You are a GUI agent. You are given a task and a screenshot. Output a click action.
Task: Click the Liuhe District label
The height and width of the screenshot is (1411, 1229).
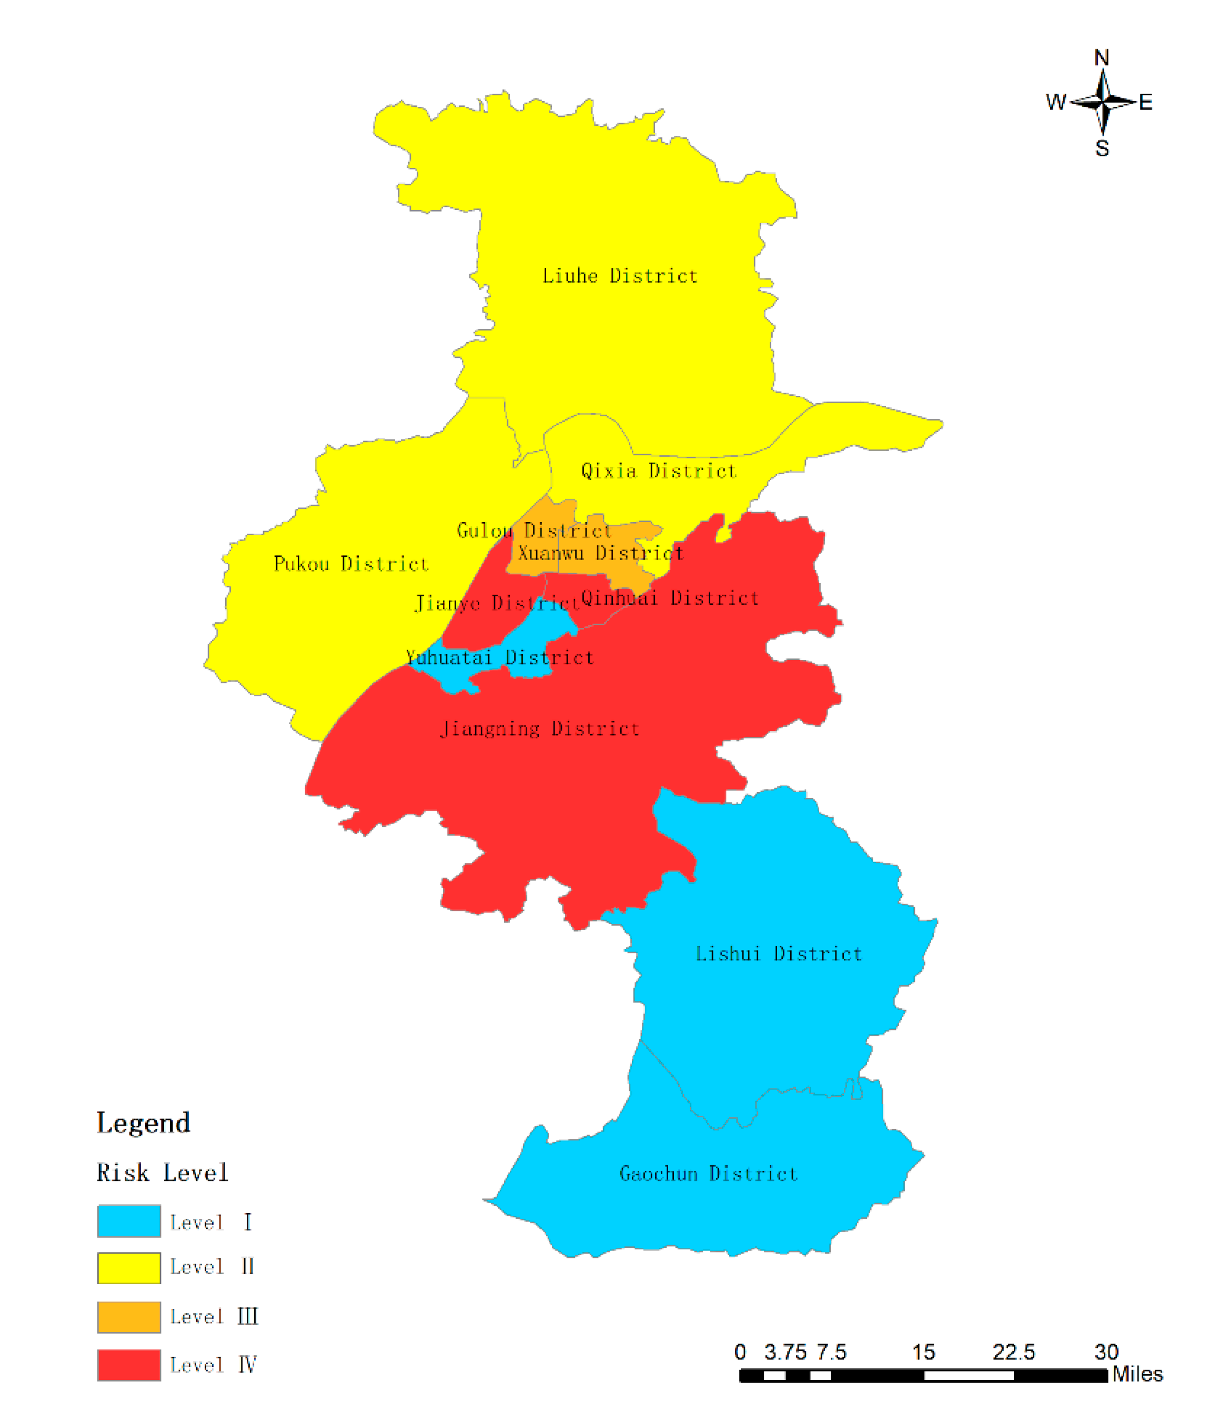[619, 276]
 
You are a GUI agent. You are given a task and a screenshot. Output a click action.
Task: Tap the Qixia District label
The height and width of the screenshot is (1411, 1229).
[658, 471]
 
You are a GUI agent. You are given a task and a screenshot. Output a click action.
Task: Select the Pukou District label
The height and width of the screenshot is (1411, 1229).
[350, 564]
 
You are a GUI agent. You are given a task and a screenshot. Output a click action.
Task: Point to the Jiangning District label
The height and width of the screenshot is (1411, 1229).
[540, 728]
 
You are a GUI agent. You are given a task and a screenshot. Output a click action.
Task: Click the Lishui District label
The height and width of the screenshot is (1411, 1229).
[779, 954]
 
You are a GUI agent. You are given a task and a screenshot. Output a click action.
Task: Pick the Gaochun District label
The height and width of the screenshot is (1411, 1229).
[709, 1174]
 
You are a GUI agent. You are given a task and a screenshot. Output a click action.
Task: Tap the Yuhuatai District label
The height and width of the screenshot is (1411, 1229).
[499, 658]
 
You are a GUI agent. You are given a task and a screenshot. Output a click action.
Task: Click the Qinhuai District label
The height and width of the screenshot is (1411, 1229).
[670, 598]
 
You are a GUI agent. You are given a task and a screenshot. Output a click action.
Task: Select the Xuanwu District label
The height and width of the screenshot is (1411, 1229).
[601, 554]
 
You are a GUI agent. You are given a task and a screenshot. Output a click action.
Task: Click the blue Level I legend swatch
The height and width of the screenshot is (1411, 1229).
[129, 1221]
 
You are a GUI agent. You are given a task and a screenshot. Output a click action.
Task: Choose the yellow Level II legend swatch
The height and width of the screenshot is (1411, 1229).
[129, 1268]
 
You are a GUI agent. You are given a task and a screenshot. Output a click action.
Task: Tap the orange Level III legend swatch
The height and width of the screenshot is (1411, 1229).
[129, 1317]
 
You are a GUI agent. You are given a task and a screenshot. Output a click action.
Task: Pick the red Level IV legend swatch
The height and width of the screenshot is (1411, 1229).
[129, 1365]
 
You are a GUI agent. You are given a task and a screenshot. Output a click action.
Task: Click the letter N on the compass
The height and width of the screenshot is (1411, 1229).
[1102, 57]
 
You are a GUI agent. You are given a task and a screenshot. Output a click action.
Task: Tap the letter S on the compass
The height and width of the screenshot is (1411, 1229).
[1102, 148]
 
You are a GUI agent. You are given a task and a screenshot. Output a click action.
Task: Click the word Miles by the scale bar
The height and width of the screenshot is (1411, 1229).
[1137, 1374]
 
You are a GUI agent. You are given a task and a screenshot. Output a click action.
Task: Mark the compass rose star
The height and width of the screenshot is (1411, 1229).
[1103, 103]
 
